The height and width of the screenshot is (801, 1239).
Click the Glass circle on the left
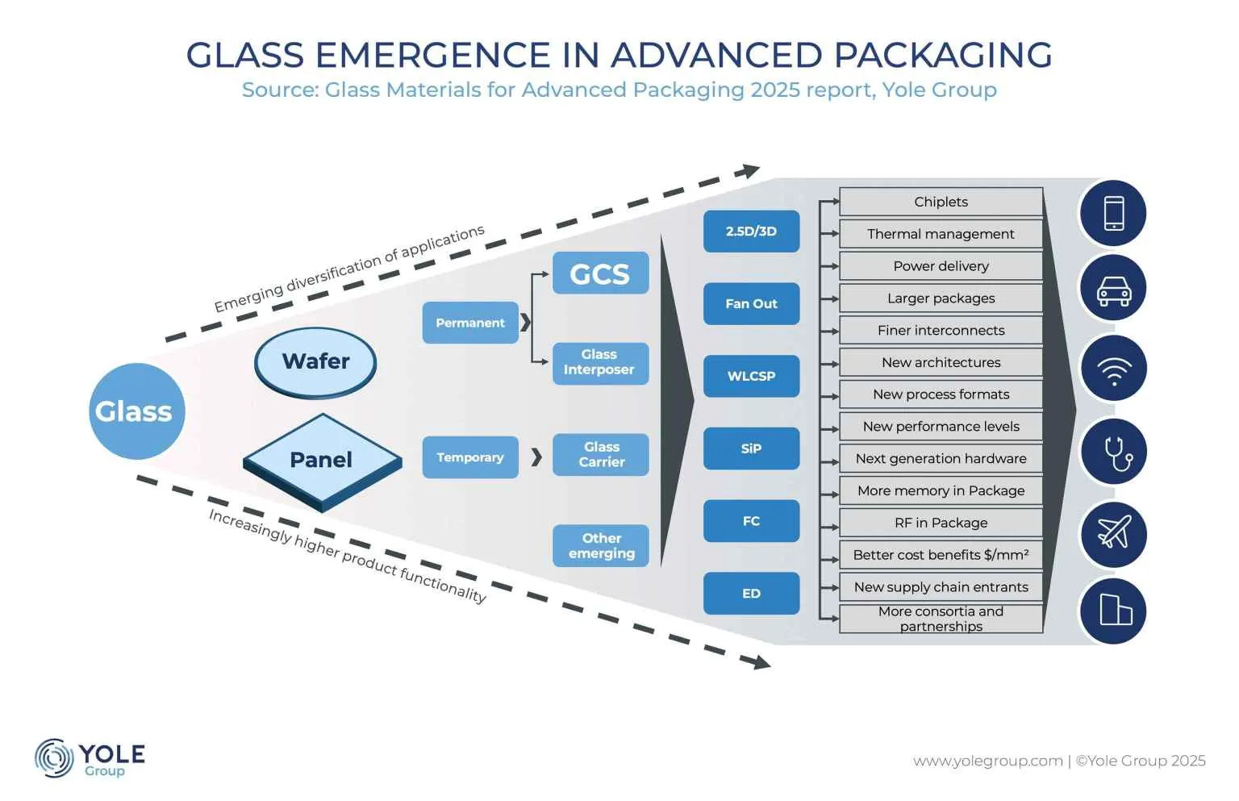pyautogui.click(x=136, y=411)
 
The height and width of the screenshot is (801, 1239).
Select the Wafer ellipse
pyautogui.click(x=315, y=361)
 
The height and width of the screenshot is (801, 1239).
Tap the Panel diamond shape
pyautogui.click(x=321, y=461)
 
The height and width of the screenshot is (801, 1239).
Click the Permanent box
pyautogui.click(x=470, y=323)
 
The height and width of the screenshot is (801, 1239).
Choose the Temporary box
pyautogui.click(x=470, y=457)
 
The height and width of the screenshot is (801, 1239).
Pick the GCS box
pyautogui.click(x=600, y=273)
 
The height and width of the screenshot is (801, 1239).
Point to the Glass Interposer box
pyautogui.click(x=600, y=362)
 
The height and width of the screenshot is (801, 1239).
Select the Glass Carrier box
pyautogui.click(x=600, y=454)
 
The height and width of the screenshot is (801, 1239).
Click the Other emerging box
pyautogui.click(x=600, y=546)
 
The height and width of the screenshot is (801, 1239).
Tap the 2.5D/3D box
pyautogui.click(x=751, y=232)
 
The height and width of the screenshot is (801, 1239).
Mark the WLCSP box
pyautogui.click(x=751, y=376)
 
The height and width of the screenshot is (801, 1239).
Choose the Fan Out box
pyautogui.click(x=751, y=304)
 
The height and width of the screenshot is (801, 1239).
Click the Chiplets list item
pyautogui.click(x=941, y=202)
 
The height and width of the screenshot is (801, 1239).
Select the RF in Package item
pyautogui.click(x=941, y=523)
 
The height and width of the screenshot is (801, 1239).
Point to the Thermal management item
pyautogui.click(x=941, y=234)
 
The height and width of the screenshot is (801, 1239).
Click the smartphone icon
pyautogui.click(x=1113, y=214)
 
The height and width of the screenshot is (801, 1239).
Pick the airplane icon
pyautogui.click(x=1113, y=533)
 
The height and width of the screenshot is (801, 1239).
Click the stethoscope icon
pyautogui.click(x=1113, y=452)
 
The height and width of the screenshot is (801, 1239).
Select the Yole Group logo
pyautogui.click(x=90, y=758)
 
